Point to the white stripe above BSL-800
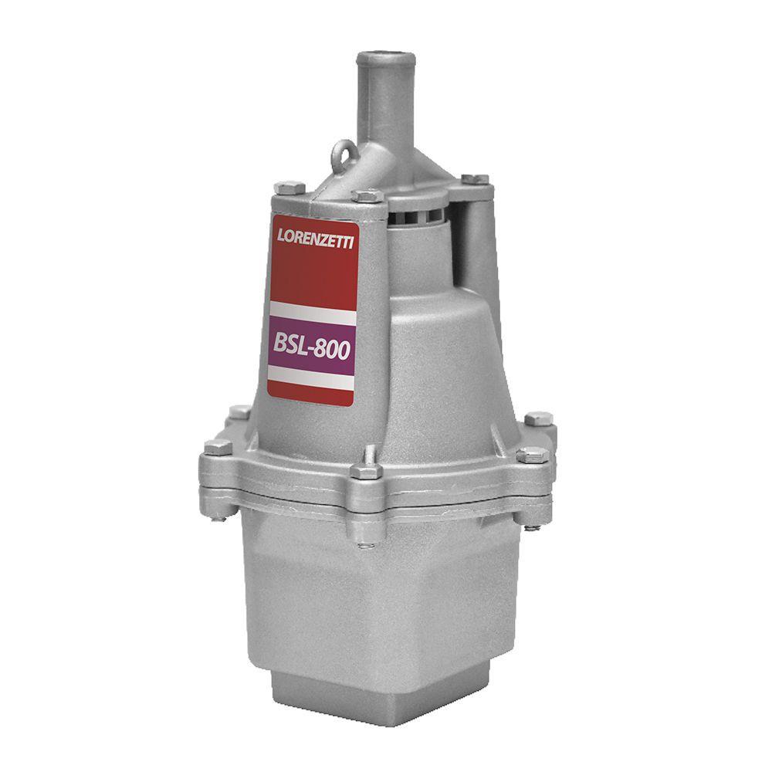(x=312, y=313)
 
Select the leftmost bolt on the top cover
(x=289, y=188)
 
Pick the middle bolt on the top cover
(x=367, y=195)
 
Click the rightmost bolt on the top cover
(x=475, y=179)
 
